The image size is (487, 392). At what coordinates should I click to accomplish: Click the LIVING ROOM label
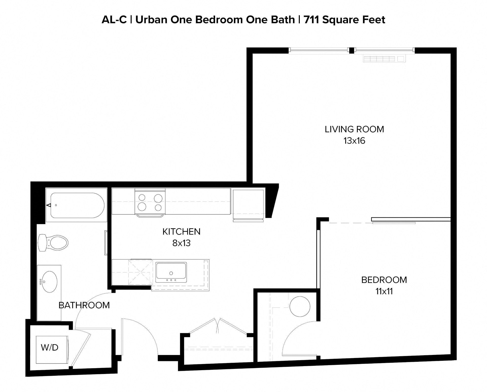click(x=354, y=129)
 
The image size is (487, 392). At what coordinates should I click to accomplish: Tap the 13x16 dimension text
click(x=354, y=141)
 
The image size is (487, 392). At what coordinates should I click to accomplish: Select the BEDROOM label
click(x=384, y=280)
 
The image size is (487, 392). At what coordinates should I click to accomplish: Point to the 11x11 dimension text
click(x=384, y=291)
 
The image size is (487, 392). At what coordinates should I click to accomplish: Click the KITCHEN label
click(x=181, y=232)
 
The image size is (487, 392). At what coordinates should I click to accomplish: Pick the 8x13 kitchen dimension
click(x=181, y=243)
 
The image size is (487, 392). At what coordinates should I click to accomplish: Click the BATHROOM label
click(x=84, y=305)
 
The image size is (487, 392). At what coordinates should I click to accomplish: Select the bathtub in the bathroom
click(x=77, y=205)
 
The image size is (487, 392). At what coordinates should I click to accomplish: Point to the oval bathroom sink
click(x=49, y=282)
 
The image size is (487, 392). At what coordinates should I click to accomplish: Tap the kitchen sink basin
click(x=171, y=271)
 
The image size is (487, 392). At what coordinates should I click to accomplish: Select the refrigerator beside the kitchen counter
click(x=248, y=204)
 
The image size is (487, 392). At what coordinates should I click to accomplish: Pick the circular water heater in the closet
click(x=300, y=306)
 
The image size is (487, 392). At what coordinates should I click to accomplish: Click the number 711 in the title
click(x=312, y=20)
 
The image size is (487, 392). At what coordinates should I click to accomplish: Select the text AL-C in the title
click(x=114, y=20)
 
